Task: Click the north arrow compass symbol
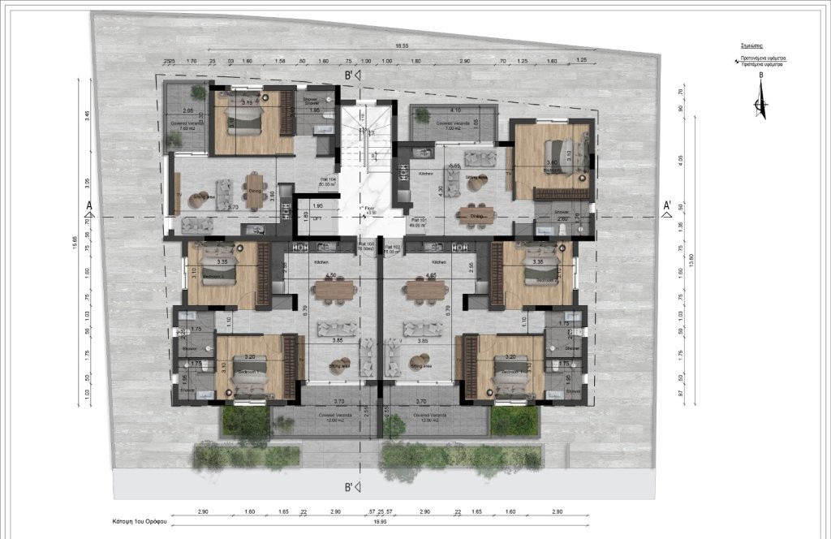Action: click(760, 101)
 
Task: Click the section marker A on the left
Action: click(88, 205)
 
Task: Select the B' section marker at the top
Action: click(351, 75)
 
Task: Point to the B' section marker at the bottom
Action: click(351, 487)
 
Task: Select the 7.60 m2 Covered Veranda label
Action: click(187, 127)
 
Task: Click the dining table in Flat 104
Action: click(256, 191)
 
